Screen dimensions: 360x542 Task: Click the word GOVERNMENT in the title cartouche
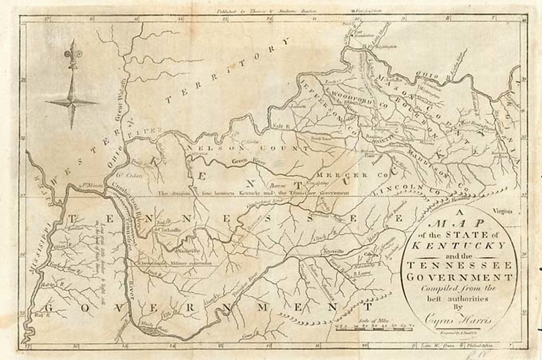(x=458, y=277)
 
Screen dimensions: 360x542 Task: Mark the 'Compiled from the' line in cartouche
(x=458, y=289)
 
